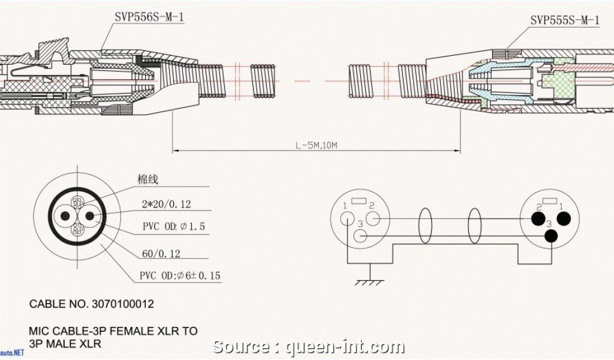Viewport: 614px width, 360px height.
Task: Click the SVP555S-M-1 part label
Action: point(564,20)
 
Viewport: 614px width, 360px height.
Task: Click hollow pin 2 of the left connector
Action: point(372,219)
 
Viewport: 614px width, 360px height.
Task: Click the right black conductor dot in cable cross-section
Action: point(90,216)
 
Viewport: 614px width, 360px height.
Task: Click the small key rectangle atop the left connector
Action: point(359,201)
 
